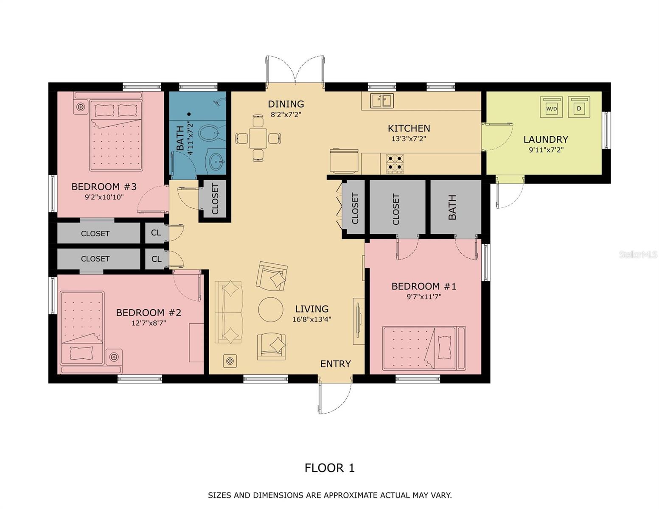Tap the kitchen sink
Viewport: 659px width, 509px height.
(382, 101)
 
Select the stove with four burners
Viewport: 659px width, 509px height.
(395, 163)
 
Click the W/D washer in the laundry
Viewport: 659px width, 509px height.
(551, 108)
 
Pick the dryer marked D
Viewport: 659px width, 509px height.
(579, 108)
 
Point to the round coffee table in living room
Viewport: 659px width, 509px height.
(271, 310)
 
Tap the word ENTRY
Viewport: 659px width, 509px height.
(335, 364)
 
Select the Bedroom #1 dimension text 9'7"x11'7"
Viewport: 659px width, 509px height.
(424, 297)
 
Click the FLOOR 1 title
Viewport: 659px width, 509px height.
(329, 468)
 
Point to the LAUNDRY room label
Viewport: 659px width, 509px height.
(545, 140)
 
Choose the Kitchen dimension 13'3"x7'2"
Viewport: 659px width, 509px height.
(409, 138)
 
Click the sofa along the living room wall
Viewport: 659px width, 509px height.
(229, 312)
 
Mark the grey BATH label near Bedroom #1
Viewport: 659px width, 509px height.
(452, 207)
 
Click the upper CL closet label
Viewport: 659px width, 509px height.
(156, 233)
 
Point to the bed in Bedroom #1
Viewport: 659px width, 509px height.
(423, 348)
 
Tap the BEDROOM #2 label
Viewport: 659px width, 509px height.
(149, 313)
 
